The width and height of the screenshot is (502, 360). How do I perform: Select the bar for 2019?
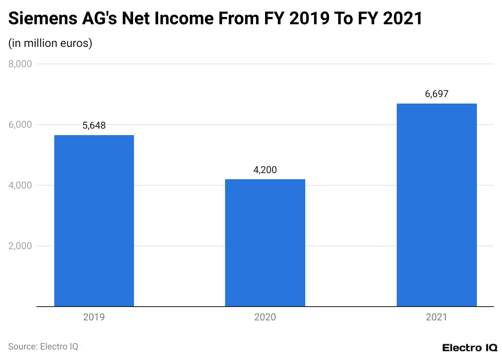point(94,220)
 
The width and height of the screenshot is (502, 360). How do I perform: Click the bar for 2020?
point(265,243)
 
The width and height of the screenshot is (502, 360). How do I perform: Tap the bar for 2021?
point(436,205)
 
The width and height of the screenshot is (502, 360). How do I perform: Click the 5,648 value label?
point(94,125)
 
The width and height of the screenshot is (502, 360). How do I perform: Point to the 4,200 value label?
point(265,170)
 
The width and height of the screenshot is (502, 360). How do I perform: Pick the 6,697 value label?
point(436,94)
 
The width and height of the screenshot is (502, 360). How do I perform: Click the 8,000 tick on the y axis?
point(20,64)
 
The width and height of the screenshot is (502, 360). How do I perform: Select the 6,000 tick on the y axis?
point(20,125)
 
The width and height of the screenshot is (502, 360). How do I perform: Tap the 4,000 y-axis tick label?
point(20,185)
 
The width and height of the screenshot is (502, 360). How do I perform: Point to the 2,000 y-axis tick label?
point(20,246)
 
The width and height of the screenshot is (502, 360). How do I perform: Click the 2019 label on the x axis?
point(94,317)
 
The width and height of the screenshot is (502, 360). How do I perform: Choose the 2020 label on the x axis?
point(265,317)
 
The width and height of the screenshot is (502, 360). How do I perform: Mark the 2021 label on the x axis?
point(436,317)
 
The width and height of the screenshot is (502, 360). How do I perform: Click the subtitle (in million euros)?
point(50,43)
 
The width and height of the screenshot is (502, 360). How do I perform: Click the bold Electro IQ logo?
point(470,347)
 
